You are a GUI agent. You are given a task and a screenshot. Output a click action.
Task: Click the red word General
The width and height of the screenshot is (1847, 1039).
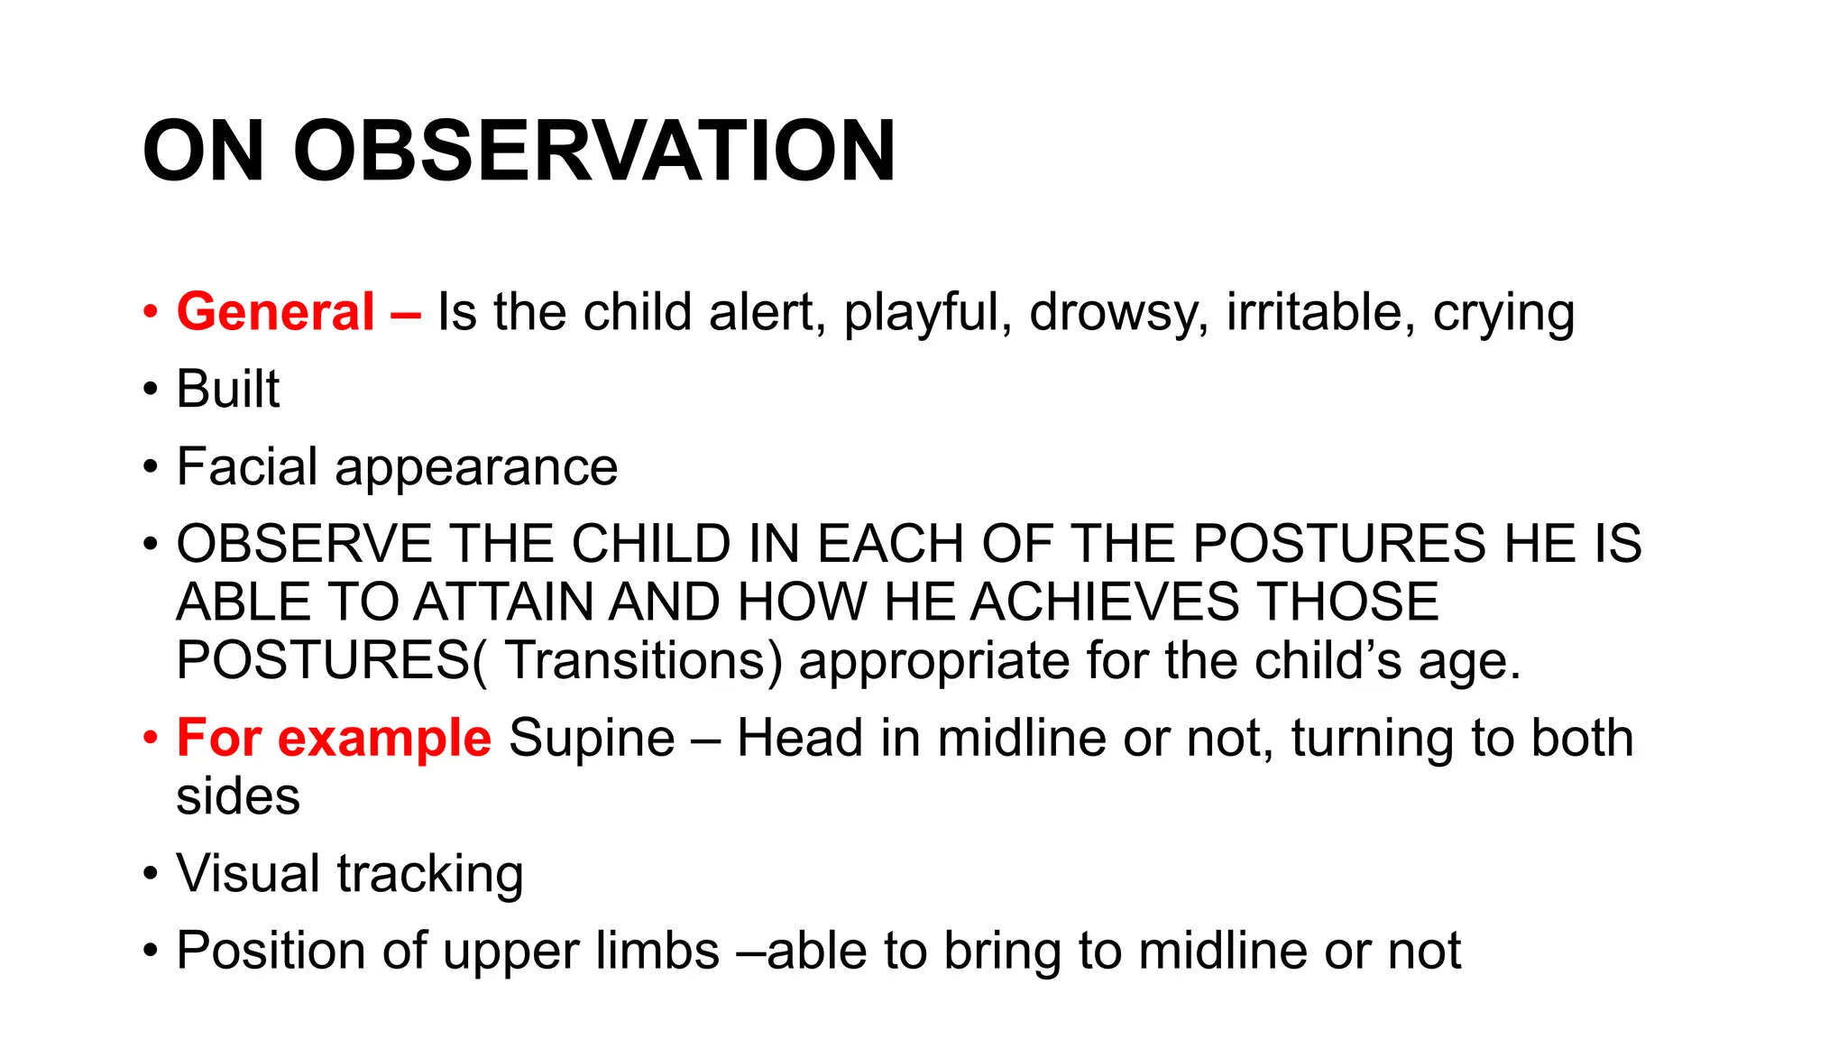275,312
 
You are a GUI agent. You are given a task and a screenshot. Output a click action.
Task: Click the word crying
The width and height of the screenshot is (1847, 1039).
1503,314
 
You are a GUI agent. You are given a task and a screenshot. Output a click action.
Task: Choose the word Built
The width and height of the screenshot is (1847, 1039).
228,390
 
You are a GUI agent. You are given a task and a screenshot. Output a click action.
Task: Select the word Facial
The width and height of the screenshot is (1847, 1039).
247,467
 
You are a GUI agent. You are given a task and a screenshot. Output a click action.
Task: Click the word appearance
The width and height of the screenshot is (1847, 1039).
476,469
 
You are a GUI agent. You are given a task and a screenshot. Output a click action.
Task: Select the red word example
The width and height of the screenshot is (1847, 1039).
384,739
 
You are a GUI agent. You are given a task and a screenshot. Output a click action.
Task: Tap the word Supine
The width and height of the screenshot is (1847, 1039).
592,739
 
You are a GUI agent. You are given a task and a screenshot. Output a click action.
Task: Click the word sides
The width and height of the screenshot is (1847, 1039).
238,796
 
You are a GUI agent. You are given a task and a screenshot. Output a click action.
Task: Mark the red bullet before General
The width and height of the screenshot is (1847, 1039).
150,313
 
